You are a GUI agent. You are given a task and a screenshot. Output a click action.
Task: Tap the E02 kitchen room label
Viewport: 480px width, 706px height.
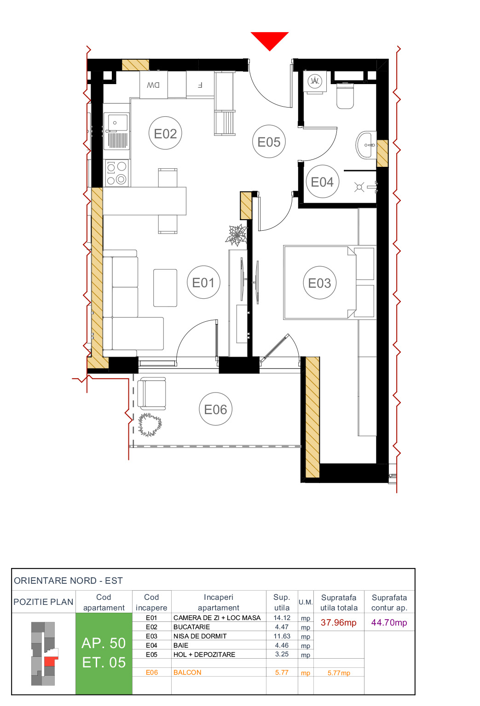pyautogui.click(x=165, y=133)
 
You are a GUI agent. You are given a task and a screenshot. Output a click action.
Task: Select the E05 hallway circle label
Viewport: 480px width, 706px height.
pyautogui.click(x=269, y=142)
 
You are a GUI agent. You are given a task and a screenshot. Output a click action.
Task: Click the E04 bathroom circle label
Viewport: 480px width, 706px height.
pyautogui.click(x=322, y=182)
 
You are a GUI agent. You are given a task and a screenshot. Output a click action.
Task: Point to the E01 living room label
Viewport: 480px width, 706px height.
pyautogui.click(x=203, y=282)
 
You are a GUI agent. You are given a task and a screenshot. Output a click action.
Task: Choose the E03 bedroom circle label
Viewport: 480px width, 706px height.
pyautogui.click(x=319, y=283)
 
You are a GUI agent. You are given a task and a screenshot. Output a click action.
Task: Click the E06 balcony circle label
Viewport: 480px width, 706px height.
pyautogui.click(x=215, y=409)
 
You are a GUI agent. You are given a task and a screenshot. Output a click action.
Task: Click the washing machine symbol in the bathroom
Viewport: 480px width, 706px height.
pyautogui.click(x=315, y=81)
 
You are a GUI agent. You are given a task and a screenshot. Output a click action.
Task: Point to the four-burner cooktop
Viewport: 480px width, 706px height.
pyautogui.click(x=116, y=173)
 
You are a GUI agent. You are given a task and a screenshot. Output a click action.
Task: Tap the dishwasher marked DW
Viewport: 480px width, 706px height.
pyautogui.click(x=153, y=85)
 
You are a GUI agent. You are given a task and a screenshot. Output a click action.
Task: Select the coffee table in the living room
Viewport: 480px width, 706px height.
pyautogui.click(x=165, y=288)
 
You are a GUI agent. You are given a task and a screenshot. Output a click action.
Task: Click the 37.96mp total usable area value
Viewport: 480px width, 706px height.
pyautogui.click(x=338, y=622)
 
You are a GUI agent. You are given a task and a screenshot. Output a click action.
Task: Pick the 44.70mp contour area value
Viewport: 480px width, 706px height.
pyautogui.click(x=389, y=622)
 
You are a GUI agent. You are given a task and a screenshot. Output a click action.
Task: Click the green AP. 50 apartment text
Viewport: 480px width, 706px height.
pyautogui.click(x=104, y=643)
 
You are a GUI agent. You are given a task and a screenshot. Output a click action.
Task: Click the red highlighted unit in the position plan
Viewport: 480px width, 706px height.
pyautogui.click(x=49, y=661)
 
